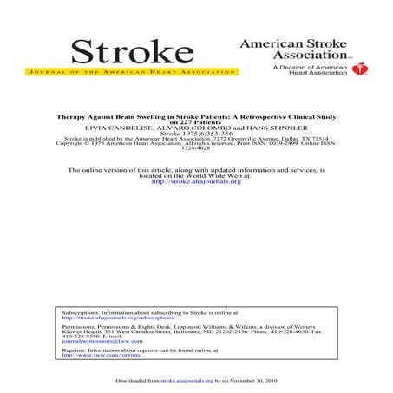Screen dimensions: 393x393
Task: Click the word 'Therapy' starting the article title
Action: [x=71, y=116]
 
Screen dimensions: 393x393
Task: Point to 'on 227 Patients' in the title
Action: [x=196, y=122]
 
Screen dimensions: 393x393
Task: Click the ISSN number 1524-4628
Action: [x=196, y=148]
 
